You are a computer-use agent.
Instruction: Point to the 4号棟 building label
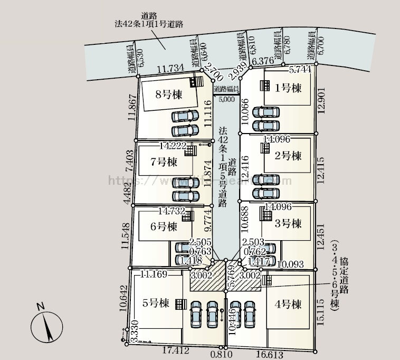(x=288, y=304)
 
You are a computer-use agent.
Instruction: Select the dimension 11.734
(x=170, y=68)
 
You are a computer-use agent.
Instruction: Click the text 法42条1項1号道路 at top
(x=149, y=24)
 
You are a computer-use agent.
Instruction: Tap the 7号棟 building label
(x=164, y=162)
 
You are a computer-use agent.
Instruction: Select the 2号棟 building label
(x=288, y=156)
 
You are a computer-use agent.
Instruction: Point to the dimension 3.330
(x=135, y=330)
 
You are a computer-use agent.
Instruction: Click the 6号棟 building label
(x=163, y=227)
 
